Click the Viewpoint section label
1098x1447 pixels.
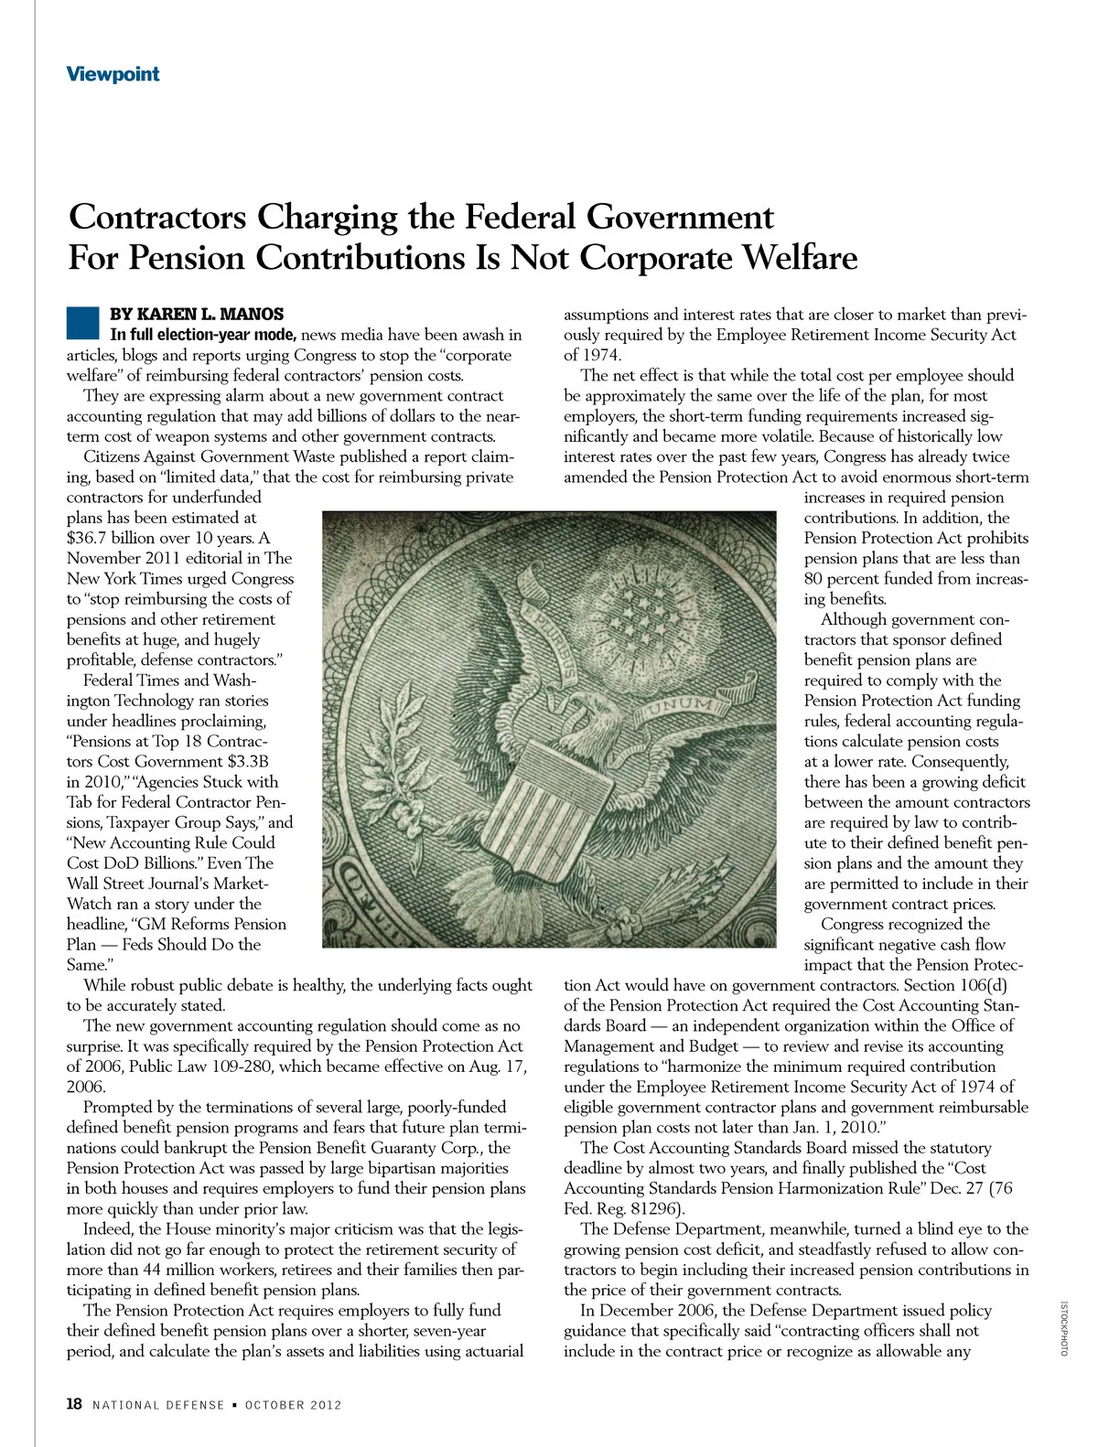coord(113,74)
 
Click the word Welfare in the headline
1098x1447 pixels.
coord(798,258)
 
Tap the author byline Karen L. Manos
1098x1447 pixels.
coord(197,315)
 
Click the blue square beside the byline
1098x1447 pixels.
coord(82,325)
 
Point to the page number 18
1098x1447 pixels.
coord(74,1404)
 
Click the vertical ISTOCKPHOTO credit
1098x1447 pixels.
coord(1064,1328)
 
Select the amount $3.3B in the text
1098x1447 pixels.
coord(242,762)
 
